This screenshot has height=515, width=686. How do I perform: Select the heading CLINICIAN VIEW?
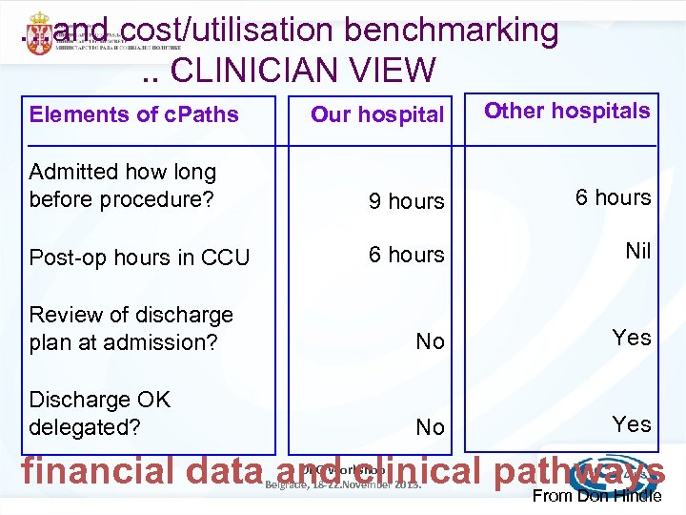[302, 70]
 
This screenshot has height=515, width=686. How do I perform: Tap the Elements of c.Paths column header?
[134, 114]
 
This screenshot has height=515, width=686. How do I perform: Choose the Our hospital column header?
[377, 114]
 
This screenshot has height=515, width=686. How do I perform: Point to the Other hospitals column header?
[567, 111]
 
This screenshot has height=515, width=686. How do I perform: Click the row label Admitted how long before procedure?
[123, 186]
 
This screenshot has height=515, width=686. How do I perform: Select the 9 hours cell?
[406, 201]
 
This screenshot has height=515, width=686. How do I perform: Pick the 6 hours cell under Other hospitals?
[613, 197]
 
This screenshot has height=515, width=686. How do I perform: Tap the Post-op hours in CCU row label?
[139, 257]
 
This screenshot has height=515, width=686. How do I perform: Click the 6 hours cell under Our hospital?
[406, 255]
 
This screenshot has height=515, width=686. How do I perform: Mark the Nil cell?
[637, 251]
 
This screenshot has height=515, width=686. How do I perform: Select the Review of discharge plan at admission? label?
[131, 328]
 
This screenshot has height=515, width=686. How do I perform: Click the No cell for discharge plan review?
[430, 341]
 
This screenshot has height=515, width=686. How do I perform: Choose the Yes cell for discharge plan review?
[632, 338]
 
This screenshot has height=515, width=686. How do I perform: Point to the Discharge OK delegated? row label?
[100, 413]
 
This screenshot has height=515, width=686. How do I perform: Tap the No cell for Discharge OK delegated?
[430, 427]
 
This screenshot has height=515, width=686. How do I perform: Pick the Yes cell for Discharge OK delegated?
[632, 423]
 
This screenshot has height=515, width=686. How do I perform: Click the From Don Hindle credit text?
[596, 497]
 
